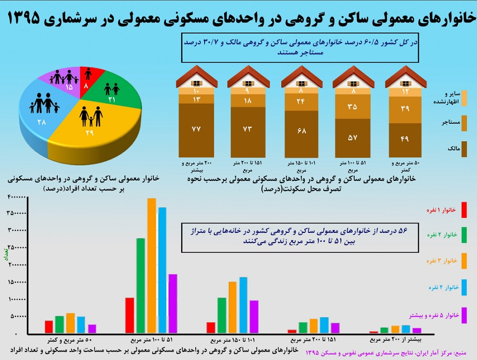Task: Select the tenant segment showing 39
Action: (405, 109)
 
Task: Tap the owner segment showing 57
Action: (353, 137)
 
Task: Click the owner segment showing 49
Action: (405, 139)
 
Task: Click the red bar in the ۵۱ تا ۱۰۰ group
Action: (130, 315)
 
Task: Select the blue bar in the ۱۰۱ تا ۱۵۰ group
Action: (243, 305)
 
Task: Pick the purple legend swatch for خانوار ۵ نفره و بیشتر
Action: (463, 314)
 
